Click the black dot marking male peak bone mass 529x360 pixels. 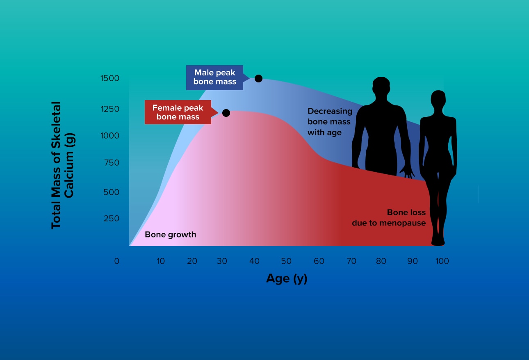(x=258, y=78)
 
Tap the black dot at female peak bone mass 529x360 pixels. (x=226, y=113)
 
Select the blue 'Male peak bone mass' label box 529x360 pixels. (x=214, y=77)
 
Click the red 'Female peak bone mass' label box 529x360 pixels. (x=178, y=112)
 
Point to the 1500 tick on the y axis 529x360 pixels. (x=110, y=78)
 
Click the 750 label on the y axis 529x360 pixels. (x=112, y=163)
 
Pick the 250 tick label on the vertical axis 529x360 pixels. (x=112, y=219)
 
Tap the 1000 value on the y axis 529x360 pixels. (x=110, y=136)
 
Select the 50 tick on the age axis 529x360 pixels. (x=286, y=261)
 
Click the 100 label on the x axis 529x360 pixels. (x=442, y=261)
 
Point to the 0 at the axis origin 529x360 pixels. (x=116, y=261)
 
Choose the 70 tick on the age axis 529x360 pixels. (x=351, y=261)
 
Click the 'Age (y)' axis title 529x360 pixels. (x=287, y=279)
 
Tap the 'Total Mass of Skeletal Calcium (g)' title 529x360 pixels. (x=63, y=165)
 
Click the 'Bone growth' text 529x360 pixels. (x=170, y=235)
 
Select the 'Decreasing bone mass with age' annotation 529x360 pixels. (x=330, y=122)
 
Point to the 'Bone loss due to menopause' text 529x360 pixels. (x=389, y=218)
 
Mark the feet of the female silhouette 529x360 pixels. (x=438, y=240)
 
